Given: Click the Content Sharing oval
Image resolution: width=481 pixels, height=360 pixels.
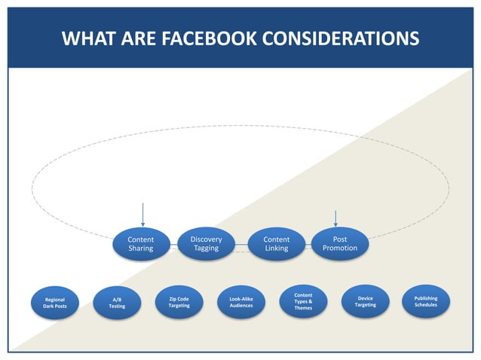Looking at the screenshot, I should pyautogui.click(x=140, y=244).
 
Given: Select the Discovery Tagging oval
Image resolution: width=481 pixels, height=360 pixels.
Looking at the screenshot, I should pyautogui.click(x=206, y=243).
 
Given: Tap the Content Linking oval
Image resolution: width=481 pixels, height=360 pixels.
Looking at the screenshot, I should pyautogui.click(x=276, y=244).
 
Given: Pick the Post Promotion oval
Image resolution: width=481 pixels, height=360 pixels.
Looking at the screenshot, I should pyautogui.click(x=339, y=243).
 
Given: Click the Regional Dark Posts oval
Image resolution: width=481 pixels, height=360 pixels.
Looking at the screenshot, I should pyautogui.click(x=54, y=303).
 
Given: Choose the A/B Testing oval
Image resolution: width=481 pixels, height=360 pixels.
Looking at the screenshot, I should pyautogui.click(x=117, y=303).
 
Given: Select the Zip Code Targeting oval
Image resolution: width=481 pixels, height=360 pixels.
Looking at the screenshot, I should pyautogui.click(x=179, y=302).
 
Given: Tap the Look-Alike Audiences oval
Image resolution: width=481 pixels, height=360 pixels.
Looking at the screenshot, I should pyautogui.click(x=241, y=302).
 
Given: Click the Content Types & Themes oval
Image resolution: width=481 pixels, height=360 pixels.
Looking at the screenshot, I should pyautogui.click(x=303, y=301).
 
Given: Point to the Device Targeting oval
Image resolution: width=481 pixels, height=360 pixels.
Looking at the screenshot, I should pyautogui.click(x=366, y=301).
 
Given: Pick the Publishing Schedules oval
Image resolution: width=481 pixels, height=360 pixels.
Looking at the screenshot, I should pyautogui.click(x=426, y=301).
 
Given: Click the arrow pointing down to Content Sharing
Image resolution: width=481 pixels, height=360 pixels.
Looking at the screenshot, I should pyautogui.click(x=142, y=214).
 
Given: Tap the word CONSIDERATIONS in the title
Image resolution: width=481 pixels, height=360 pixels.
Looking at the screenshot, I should pyautogui.click(x=348, y=38).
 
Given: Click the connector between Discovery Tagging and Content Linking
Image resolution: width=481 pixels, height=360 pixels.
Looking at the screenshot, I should pyautogui.click(x=241, y=244).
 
